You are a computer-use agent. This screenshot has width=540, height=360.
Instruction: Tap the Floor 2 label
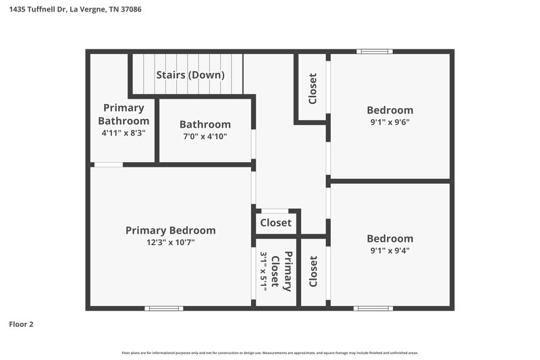click(x=21, y=324)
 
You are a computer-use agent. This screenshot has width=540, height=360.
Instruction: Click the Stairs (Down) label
click(x=190, y=75)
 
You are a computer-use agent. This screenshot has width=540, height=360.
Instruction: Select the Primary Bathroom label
click(x=124, y=114)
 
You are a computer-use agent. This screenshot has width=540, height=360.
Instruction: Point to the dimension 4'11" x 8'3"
click(x=124, y=133)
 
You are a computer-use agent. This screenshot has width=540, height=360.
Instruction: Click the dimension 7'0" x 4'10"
click(x=205, y=136)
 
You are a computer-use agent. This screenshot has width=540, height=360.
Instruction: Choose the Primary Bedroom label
click(x=171, y=230)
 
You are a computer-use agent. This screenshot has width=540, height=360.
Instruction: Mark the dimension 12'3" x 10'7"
click(x=171, y=242)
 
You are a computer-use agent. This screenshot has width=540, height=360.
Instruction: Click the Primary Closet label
click(x=281, y=271)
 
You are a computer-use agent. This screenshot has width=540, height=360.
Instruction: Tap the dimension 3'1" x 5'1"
click(x=264, y=271)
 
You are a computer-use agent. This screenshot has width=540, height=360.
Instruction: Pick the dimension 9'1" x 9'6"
click(x=389, y=122)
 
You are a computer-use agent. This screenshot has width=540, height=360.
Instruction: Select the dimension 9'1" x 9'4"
click(x=389, y=251)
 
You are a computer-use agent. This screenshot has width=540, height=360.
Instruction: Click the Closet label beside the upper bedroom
click(x=313, y=88)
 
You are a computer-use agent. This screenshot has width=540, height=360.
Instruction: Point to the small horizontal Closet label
click(x=275, y=223)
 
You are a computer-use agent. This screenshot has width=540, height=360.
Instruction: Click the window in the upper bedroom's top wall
click(x=375, y=51)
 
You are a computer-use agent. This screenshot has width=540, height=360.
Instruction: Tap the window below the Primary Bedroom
click(x=163, y=309)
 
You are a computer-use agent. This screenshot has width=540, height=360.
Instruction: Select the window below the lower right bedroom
click(x=373, y=309)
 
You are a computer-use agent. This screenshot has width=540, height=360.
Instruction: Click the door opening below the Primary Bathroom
click(x=108, y=164)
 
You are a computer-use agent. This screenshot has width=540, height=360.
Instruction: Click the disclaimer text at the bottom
click(x=269, y=353)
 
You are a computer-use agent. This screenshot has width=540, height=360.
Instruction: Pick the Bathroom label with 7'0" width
click(x=205, y=124)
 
